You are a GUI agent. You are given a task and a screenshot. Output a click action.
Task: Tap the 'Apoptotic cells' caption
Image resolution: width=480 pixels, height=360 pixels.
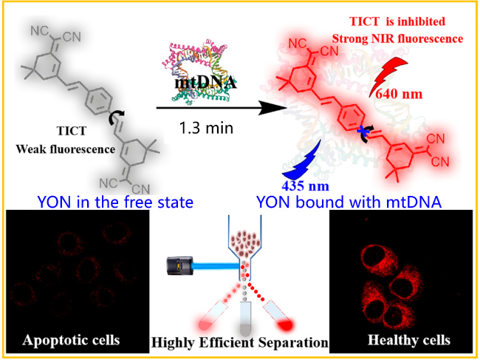click(x=72, y=341)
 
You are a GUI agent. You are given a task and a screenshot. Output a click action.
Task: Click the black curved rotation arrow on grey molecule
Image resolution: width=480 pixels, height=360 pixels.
click(x=112, y=120)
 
